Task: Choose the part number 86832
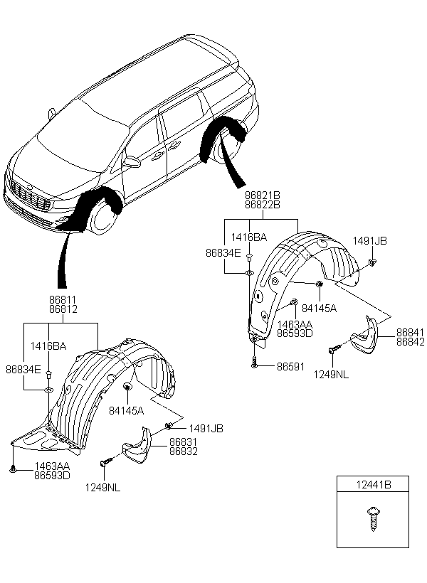pos(184,451)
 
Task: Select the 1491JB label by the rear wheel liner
pos(370,241)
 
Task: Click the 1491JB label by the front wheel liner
pos(206,428)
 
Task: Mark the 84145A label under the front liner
pos(127,410)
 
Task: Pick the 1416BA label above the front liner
pos(49,346)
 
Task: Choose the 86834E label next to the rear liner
pos(223,252)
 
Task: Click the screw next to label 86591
pos(253,363)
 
